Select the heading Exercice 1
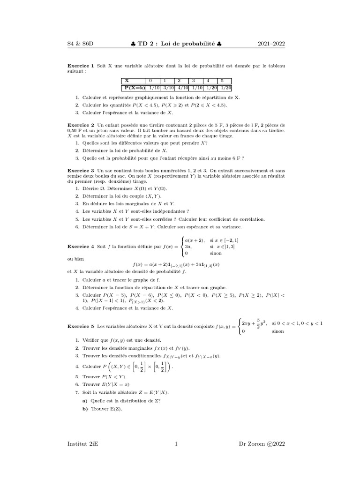tap(81, 66)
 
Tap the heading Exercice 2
tap(81, 126)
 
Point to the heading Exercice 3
tap(81, 171)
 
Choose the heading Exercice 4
tap(81, 246)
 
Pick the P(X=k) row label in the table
tap(134, 88)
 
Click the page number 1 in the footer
tap(176, 443)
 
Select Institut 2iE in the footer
tap(83, 443)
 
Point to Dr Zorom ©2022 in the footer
tap(262, 443)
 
